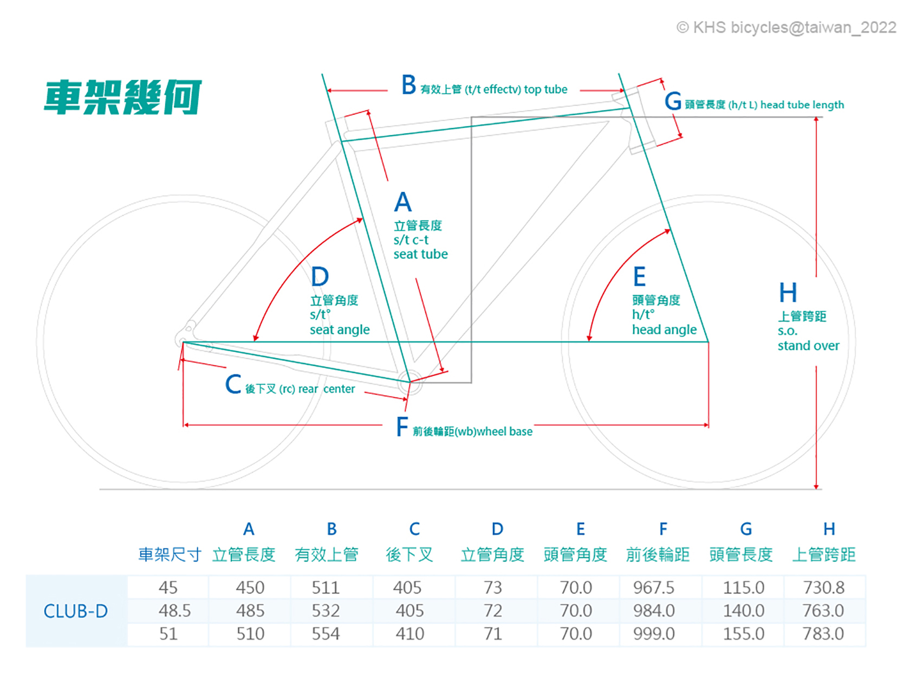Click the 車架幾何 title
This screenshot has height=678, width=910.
122,98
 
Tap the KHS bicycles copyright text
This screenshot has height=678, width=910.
786,28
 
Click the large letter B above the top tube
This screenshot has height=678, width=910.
409,85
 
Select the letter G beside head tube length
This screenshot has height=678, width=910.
673,101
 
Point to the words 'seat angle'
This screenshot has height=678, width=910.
340,330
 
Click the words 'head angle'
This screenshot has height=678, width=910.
664,330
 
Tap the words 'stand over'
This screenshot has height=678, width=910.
808,346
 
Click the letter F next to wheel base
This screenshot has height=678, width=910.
402,427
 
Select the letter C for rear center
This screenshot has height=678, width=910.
233,384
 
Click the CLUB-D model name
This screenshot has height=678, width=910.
75,611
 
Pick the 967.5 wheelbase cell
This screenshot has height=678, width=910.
654,587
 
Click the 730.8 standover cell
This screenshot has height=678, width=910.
823,587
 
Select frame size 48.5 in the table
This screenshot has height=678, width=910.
174,611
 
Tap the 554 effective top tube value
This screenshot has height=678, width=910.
326,634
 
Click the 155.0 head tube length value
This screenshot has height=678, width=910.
743,634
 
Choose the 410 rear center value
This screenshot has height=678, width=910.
409,634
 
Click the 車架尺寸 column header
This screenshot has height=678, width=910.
170,554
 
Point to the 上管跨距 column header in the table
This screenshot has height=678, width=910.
823,554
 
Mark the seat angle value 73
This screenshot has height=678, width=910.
492,587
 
